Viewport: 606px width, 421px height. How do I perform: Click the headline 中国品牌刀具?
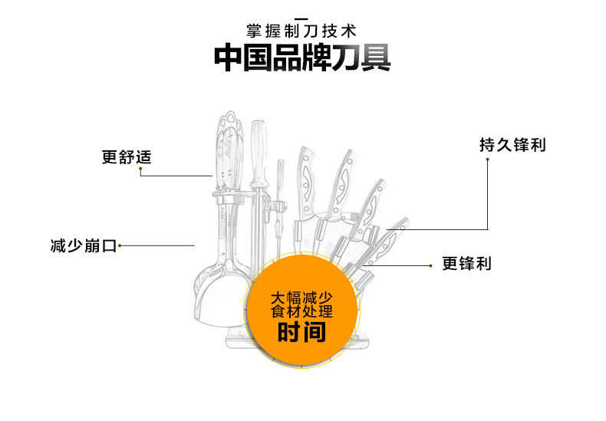click(x=301, y=59)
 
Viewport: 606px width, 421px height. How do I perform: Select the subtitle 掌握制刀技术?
click(x=301, y=31)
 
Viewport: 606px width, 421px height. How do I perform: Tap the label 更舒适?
click(x=127, y=157)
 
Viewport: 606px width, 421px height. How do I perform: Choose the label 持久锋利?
click(x=513, y=144)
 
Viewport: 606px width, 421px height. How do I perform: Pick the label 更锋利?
click(x=466, y=264)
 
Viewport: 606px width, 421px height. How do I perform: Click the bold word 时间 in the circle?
click(x=301, y=333)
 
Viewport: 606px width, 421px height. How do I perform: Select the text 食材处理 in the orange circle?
click(x=301, y=312)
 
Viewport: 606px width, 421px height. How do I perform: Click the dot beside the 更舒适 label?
click(x=141, y=172)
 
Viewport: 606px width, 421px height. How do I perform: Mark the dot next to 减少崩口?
click(x=120, y=246)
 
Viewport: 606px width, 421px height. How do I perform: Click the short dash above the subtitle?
click(x=301, y=18)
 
